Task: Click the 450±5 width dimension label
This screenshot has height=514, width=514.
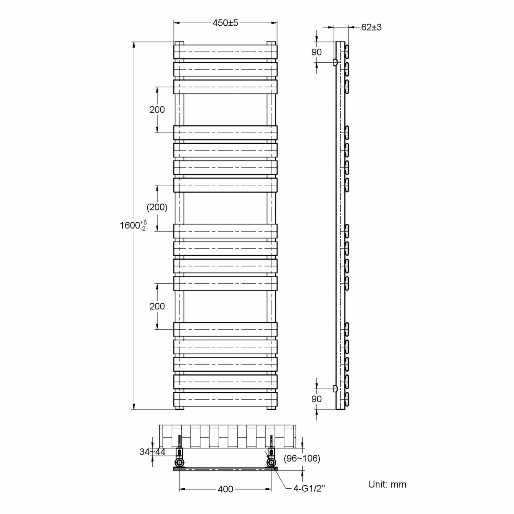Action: (x=225, y=23)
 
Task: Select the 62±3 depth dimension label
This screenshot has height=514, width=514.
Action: (x=371, y=27)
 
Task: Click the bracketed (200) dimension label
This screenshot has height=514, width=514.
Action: (x=157, y=207)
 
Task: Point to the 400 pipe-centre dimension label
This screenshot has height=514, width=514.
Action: (x=225, y=489)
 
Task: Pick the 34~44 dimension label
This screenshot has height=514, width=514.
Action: (x=152, y=452)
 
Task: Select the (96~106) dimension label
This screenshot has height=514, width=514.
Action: (x=302, y=458)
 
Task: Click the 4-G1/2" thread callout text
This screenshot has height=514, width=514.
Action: (x=309, y=488)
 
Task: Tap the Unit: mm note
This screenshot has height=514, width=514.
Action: (x=387, y=484)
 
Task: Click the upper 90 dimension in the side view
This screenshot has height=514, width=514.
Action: (x=316, y=52)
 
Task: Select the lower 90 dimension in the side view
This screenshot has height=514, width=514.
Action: (x=316, y=399)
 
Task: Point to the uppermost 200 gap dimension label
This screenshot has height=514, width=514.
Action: (x=157, y=110)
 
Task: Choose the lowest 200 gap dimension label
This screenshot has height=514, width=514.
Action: (x=157, y=306)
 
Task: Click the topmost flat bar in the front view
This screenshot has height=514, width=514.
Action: (x=225, y=52)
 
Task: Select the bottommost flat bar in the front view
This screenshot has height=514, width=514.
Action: (x=225, y=399)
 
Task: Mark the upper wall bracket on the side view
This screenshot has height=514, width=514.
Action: (x=335, y=62)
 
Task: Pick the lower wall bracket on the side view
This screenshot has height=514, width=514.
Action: (x=335, y=388)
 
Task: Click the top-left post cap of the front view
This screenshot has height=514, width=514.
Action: (x=179, y=43)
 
